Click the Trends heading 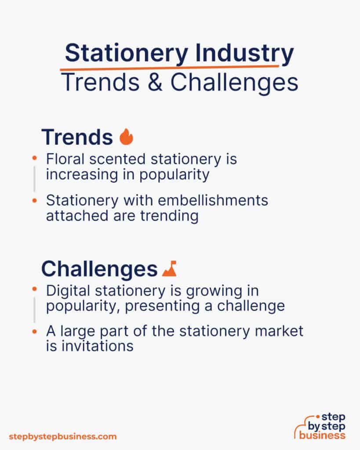pos(77,137)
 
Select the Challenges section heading pos(99,269)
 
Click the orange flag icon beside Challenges pos(169,269)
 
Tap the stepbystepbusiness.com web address pos(63,436)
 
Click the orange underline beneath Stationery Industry pos(169,68)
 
